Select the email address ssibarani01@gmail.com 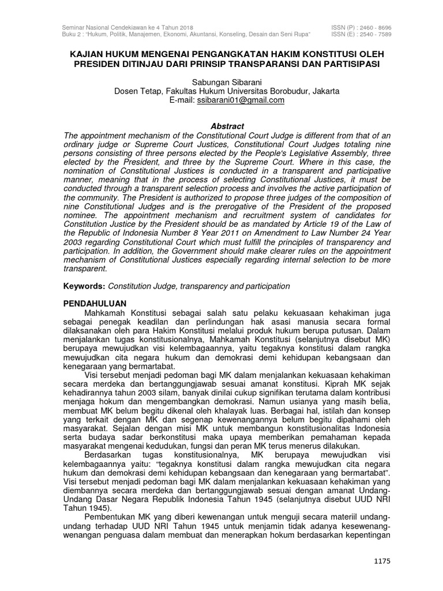tap(241, 100)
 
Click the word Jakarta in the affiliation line tap(324, 91)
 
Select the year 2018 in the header tap(183, 28)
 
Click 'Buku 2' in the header tap(72, 34)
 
